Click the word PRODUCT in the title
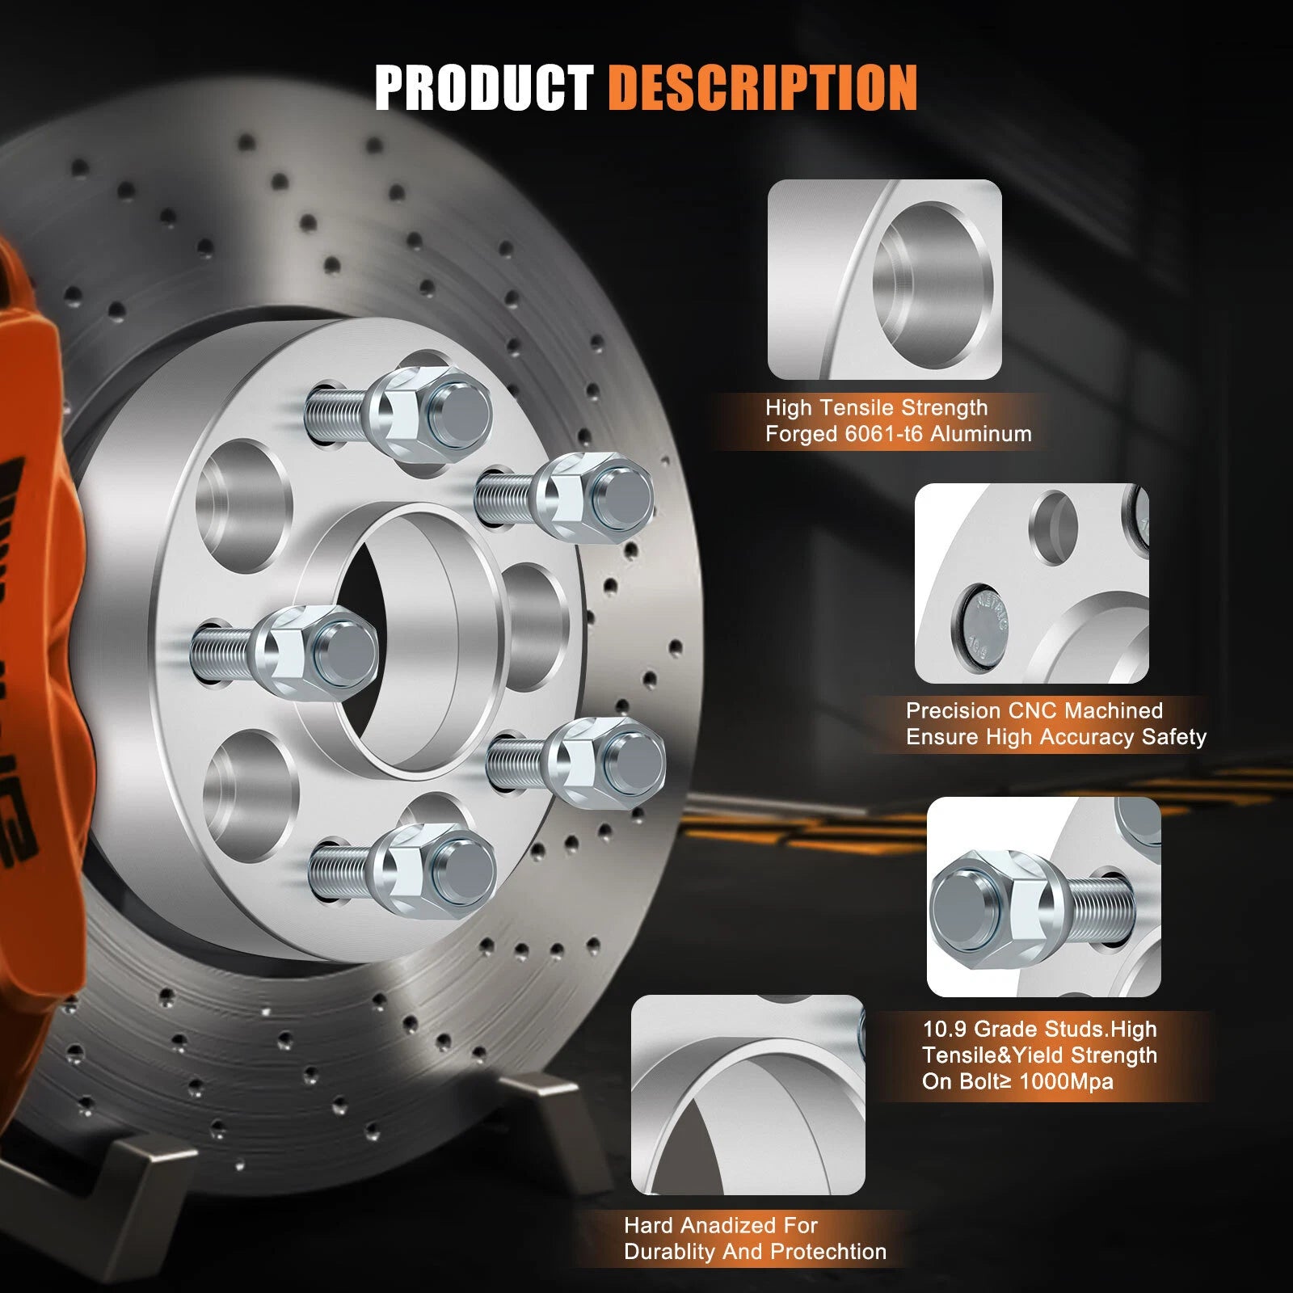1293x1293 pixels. click(484, 88)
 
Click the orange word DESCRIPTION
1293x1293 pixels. click(763, 88)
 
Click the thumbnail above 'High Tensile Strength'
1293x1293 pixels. click(884, 280)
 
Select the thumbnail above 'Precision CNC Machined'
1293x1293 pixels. click(1031, 583)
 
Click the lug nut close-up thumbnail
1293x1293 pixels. click(1044, 897)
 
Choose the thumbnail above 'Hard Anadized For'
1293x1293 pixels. click(748, 1095)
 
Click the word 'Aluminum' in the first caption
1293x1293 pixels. click(981, 434)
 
